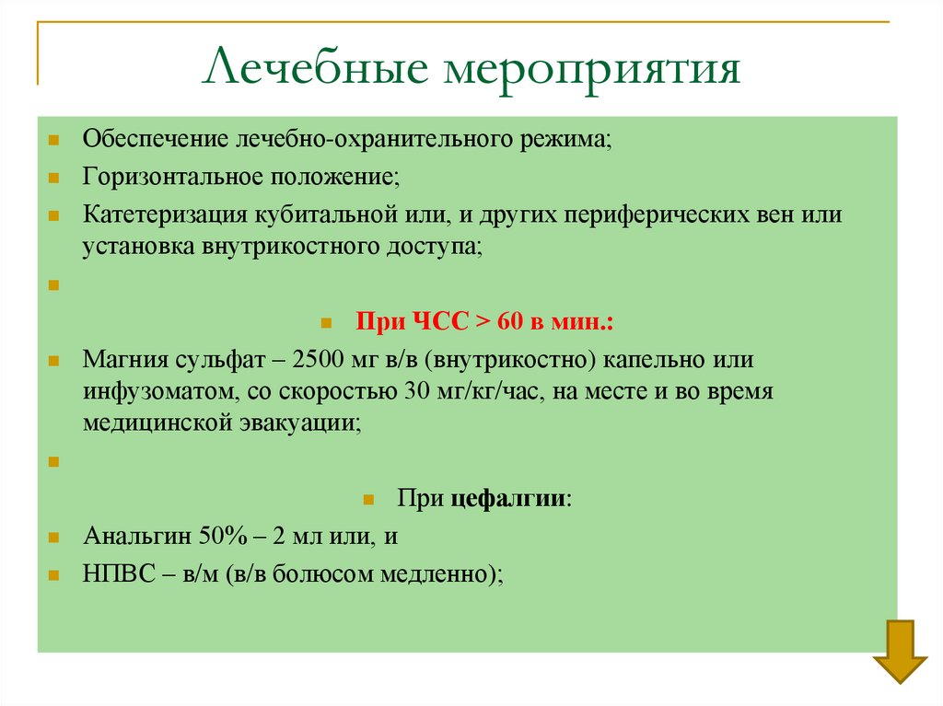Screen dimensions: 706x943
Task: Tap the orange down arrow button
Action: [x=900, y=651]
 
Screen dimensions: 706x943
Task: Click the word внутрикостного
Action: [x=300, y=246]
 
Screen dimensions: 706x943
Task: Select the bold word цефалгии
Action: [x=508, y=498]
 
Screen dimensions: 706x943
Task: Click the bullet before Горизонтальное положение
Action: [x=54, y=176]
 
